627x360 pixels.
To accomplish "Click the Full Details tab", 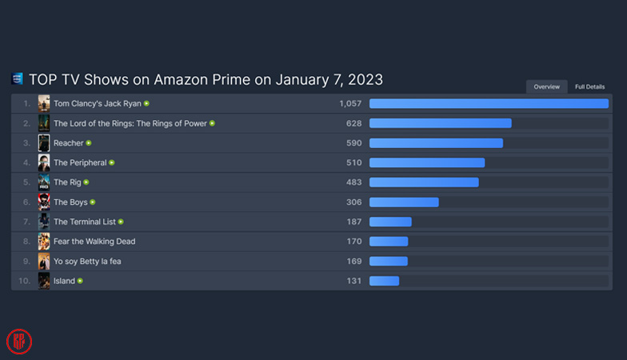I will click(589, 86).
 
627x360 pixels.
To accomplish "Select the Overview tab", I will click(547, 86).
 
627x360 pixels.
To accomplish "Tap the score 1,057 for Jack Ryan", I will click(350, 104).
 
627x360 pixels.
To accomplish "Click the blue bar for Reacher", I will click(436, 143).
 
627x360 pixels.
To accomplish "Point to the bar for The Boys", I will click(404, 202).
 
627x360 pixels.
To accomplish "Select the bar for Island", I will click(384, 281).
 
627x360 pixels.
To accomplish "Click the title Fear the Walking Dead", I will click(94, 242).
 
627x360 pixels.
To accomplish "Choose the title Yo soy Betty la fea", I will click(87, 261).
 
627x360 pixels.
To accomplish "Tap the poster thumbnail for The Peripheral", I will click(44, 162).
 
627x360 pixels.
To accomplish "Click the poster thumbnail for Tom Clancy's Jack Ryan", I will click(44, 104).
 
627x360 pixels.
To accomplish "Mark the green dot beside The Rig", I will click(86, 182).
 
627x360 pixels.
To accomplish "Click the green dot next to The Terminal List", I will click(121, 222).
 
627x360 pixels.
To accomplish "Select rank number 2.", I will click(26, 123).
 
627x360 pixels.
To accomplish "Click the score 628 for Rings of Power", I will click(353, 123).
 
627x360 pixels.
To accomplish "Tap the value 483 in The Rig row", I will click(353, 182).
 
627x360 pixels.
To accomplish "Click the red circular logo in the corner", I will click(19, 341).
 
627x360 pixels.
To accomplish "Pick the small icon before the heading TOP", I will click(18, 79).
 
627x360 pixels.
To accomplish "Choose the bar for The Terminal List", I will click(390, 222).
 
